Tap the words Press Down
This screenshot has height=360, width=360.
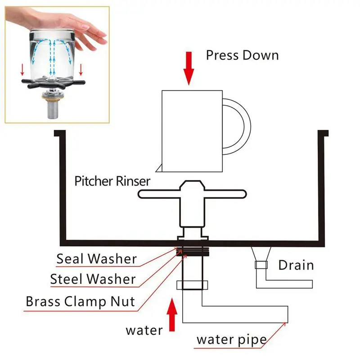(242, 55)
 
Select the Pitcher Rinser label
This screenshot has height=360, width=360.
(112, 182)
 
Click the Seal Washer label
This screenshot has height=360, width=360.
(96, 259)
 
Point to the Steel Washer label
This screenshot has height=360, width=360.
(93, 279)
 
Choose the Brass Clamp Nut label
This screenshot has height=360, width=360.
(80, 301)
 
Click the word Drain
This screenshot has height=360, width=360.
(296, 265)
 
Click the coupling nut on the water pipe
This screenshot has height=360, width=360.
(193, 285)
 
